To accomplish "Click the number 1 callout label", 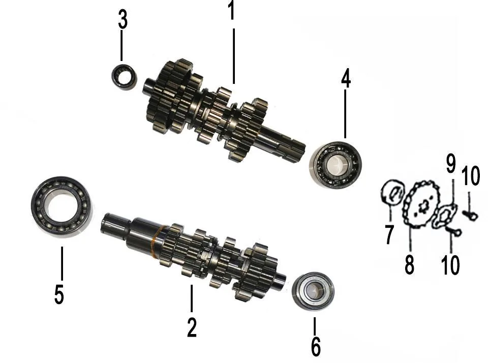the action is click(231, 10).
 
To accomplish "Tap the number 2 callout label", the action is click(192, 327).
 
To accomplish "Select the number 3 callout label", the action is click(123, 20).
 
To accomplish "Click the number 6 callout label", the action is click(316, 346).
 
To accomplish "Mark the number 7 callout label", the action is click(389, 234).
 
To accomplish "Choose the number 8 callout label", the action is click(409, 264).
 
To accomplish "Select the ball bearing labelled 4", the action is click(336, 163).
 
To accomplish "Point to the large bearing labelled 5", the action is click(62, 207).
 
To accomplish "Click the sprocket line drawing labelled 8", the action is click(421, 203).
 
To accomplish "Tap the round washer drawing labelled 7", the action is click(393, 192).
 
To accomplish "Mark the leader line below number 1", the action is click(234, 56).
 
